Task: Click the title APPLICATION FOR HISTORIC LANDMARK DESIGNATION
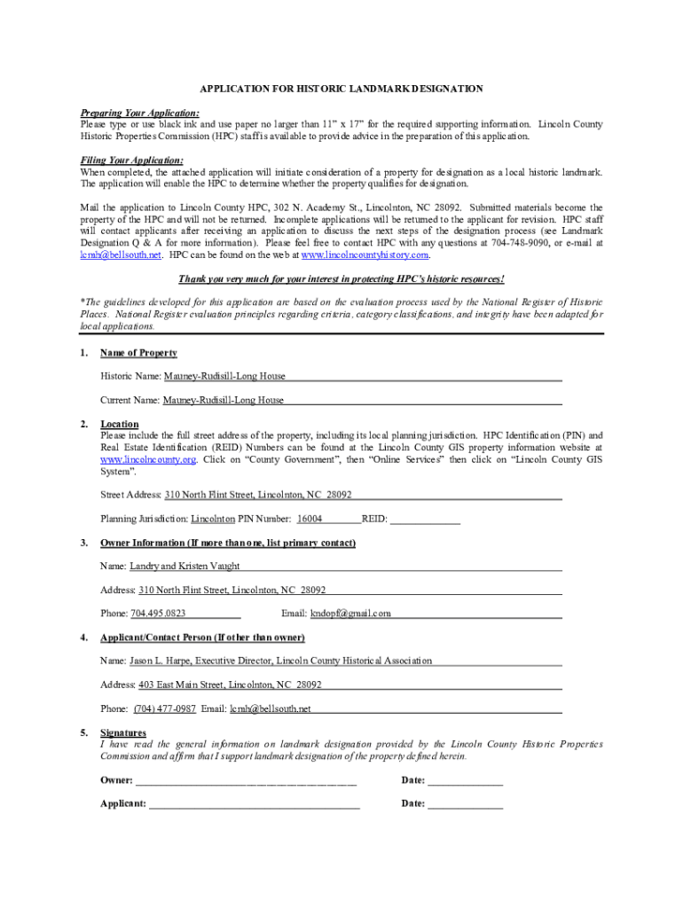click(341, 89)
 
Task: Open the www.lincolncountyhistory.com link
click(365, 254)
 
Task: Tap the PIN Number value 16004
click(310, 519)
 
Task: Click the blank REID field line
click(425, 520)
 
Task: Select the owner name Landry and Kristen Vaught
click(184, 566)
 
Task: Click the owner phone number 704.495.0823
click(158, 614)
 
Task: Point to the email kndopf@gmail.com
click(350, 614)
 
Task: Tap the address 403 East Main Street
click(180, 685)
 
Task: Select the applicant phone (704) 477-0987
click(165, 708)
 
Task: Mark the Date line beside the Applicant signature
click(466, 805)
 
